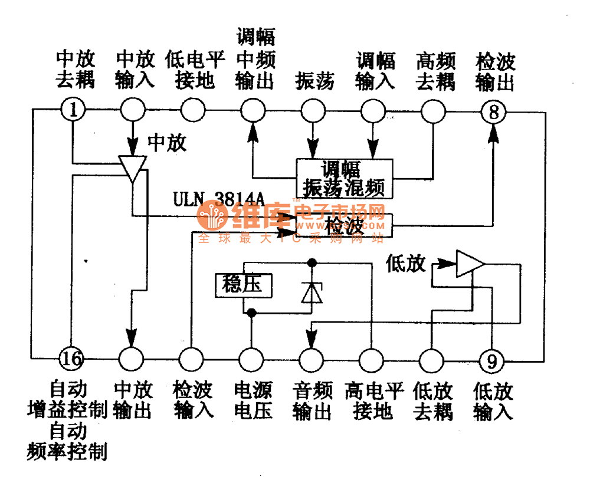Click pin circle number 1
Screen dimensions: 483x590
point(73,110)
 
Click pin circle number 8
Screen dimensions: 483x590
point(493,110)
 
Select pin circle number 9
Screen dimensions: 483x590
point(491,358)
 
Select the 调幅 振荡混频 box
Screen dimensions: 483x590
point(344,178)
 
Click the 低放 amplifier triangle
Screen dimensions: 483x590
point(470,264)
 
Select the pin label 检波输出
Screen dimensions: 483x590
point(494,72)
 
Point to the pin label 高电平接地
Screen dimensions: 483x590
point(374,400)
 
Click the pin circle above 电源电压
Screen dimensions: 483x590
point(251,358)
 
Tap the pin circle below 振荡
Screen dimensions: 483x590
point(313,110)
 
